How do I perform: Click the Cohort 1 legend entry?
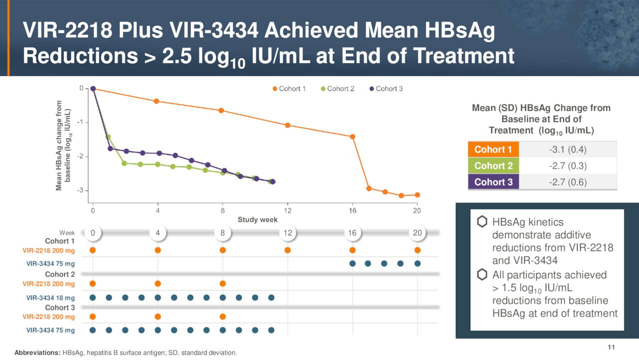290,88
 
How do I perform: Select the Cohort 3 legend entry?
386,88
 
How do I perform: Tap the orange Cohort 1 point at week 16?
352,136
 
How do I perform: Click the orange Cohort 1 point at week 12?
288,125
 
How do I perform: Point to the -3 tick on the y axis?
80,190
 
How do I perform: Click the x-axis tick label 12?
288,210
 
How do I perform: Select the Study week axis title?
257,219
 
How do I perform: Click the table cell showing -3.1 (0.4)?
568,149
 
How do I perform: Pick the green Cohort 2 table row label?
493,165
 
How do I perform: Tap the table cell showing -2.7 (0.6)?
568,182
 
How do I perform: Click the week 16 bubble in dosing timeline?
352,233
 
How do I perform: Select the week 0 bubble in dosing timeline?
92,233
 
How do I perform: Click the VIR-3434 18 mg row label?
50,297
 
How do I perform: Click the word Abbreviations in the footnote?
37,353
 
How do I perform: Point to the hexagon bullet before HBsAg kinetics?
482,222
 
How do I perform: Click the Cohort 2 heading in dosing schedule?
60,274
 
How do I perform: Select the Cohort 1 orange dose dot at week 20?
417,250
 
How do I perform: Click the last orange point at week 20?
417,194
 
